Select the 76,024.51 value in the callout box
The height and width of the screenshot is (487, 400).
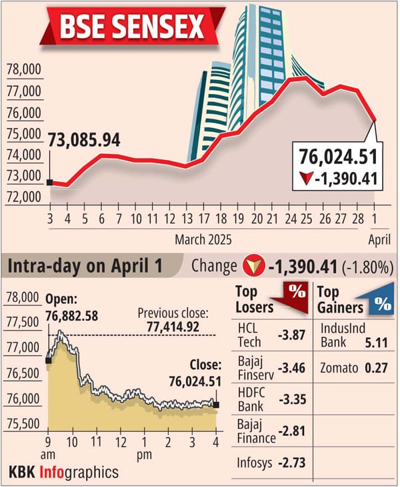click(339, 157)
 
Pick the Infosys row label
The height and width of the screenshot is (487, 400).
click(255, 462)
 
